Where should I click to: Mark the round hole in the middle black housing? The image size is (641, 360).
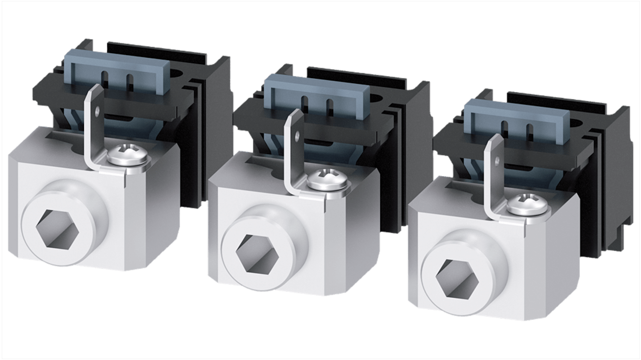tap(377, 97)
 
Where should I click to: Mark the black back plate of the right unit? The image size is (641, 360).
tap(618, 180)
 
